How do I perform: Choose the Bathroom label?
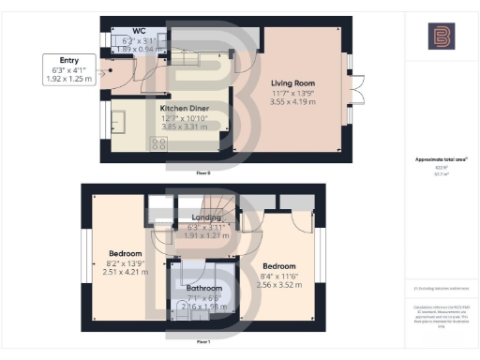click(203, 288)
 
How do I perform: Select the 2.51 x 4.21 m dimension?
click(125, 272)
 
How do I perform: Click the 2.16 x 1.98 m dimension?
click(203, 307)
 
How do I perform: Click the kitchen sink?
click(121, 121)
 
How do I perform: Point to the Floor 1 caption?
click(202, 342)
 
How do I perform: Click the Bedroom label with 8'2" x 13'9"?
click(124, 253)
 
